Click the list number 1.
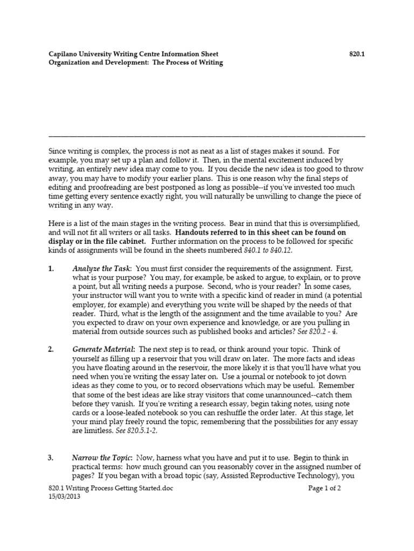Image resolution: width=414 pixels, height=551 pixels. pos(51,268)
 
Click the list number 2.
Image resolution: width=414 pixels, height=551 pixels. pos(51,349)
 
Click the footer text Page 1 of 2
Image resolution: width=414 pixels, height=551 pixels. pos(325,489)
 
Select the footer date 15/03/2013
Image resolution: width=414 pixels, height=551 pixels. pos(65,498)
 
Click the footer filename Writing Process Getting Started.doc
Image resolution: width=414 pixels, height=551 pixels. pos(120,489)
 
